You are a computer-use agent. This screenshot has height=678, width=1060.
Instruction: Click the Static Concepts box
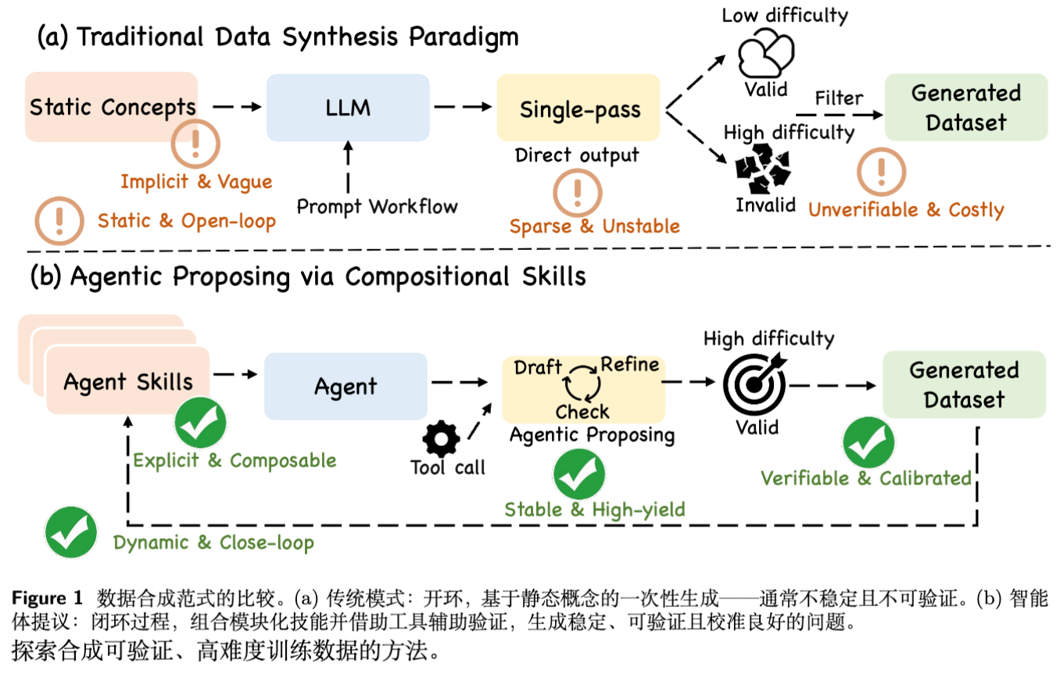(111, 107)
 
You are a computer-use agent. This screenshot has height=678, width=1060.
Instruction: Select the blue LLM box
(348, 108)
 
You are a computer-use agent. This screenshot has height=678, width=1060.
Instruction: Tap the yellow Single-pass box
(580, 109)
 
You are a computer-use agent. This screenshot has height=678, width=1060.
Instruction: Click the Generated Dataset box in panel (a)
(966, 108)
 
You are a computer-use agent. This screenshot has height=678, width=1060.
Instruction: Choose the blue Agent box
(346, 386)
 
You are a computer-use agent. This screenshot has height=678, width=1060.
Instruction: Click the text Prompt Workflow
(377, 207)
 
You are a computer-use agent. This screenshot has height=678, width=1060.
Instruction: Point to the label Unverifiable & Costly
(906, 209)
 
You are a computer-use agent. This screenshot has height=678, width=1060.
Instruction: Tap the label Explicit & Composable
(235, 460)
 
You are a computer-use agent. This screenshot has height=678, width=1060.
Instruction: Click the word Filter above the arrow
(839, 99)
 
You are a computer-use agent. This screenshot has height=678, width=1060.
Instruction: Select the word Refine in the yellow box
(629, 365)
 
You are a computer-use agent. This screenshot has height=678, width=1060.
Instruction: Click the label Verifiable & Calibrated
(866, 478)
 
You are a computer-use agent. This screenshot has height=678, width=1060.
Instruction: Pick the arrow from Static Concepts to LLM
(235, 108)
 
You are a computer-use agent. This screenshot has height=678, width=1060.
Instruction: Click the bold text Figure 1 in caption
(47, 599)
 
